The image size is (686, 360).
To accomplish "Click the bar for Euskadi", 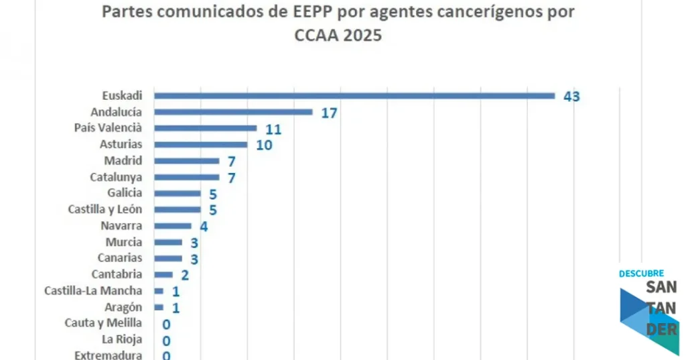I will click(354, 96).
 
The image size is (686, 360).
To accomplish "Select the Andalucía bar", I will click(233, 112).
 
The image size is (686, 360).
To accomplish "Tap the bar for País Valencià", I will click(205, 128).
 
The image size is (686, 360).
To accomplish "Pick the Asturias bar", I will click(200, 144).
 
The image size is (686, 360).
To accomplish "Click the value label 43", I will click(571, 97).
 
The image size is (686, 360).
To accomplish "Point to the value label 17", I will click(328, 113).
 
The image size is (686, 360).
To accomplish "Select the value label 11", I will click(273, 129).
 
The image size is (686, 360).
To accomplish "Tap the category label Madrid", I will click(123, 160).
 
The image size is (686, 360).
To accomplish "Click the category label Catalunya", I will click(116, 177).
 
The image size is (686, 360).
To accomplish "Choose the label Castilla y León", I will click(105, 209).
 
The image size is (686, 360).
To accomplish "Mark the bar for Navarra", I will click(172, 226).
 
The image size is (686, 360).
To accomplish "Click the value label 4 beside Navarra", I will click(204, 227).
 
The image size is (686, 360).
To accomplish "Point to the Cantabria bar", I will click(163, 274).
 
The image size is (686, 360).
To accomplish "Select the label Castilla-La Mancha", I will click(93, 290).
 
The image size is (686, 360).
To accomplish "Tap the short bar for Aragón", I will click(159, 307).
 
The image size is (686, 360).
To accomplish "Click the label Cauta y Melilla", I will click(103, 323).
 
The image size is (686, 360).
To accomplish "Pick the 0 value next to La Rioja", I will click(166, 340).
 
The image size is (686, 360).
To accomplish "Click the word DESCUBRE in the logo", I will click(641, 274).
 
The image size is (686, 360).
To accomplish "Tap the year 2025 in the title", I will click(361, 36).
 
